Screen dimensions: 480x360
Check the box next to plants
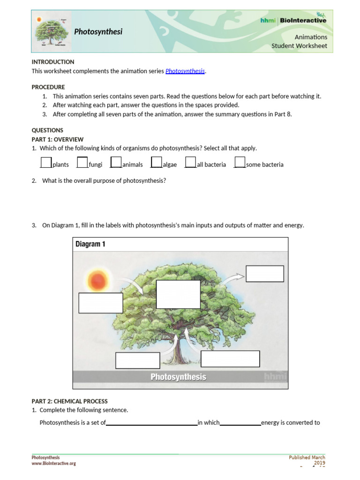pos(46,162)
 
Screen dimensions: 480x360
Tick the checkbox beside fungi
pos(82,162)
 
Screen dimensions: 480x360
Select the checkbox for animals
pos(116,162)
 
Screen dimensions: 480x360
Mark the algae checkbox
pos(157,162)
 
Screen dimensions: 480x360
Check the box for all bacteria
pos(190,162)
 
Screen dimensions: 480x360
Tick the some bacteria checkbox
pos(240,162)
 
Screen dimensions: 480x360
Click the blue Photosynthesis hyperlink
pos(185,71)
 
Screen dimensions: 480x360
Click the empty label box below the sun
pos(100,303)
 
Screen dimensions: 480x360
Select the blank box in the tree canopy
pos(178,294)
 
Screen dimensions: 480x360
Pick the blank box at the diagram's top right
pos(265,274)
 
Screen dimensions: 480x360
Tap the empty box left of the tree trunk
pos(138,360)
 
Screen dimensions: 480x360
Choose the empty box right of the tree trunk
pos(230,359)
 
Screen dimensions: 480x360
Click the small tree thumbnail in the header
pos(52,32)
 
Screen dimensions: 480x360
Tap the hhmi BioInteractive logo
pos(293,20)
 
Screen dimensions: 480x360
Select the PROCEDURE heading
pos(48,87)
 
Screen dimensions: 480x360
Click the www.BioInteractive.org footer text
pos(53,463)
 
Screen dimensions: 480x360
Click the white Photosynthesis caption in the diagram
pos(178,377)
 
